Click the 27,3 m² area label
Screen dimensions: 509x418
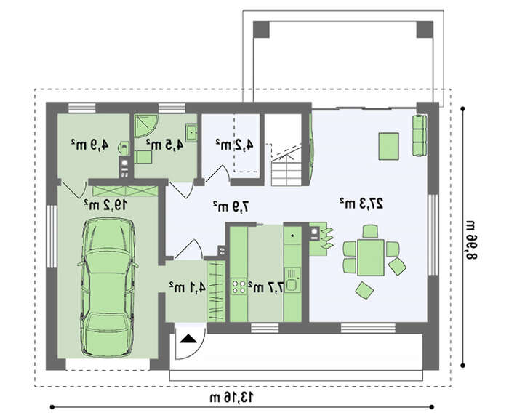pyautogui.click(x=361, y=204)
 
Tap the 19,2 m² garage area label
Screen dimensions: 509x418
pyautogui.click(x=106, y=205)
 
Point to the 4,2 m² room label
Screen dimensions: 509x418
pyautogui.click(x=234, y=145)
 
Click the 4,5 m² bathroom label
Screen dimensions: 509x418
pyautogui.click(x=164, y=145)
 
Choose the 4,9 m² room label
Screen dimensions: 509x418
pyautogui.click(x=90, y=145)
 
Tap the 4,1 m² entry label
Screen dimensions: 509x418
pyautogui.click(x=188, y=287)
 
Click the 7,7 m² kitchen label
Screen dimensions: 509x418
pyautogui.click(x=266, y=287)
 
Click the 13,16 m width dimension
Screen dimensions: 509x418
pyautogui.click(x=231, y=397)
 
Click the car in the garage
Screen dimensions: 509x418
pyautogui.click(x=108, y=287)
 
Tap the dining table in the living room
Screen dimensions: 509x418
pyautogui.click(x=371, y=257)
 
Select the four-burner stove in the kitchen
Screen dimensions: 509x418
pyautogui.click(x=239, y=286)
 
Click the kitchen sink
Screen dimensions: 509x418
pyautogui.click(x=292, y=280)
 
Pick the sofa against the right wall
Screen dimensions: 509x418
pyautogui.click(x=419, y=136)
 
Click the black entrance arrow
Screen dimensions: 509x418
pyautogui.click(x=188, y=339)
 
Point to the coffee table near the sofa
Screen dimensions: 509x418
pyautogui.click(x=388, y=146)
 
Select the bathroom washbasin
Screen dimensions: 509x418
pyautogui.click(x=191, y=133)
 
